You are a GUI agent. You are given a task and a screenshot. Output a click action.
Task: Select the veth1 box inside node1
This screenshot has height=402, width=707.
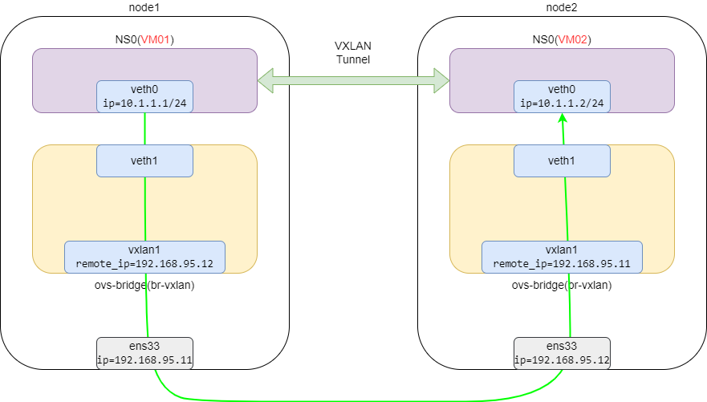click(144, 160)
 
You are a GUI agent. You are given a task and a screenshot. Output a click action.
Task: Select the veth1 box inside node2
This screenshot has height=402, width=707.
click(562, 160)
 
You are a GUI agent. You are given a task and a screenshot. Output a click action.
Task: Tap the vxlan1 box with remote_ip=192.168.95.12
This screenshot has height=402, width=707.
click(144, 257)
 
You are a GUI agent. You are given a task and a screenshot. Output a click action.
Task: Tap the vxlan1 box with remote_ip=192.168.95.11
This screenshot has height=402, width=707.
click(562, 257)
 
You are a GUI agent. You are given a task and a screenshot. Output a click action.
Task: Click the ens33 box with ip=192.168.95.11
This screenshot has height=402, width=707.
click(144, 353)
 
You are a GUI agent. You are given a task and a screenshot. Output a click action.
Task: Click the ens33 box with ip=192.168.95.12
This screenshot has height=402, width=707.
click(562, 353)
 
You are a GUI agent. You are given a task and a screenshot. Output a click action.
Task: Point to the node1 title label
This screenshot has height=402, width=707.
click(144, 6)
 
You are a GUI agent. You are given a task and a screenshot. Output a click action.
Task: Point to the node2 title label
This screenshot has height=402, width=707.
click(562, 6)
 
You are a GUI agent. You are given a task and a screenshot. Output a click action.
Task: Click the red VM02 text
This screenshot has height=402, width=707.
click(575, 39)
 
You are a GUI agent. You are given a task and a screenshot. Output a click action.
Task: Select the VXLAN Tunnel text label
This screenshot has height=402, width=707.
click(353, 53)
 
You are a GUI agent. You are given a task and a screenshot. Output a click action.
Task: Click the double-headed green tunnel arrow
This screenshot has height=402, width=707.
click(353, 79)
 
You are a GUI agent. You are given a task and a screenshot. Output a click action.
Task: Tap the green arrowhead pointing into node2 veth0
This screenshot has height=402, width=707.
click(563, 118)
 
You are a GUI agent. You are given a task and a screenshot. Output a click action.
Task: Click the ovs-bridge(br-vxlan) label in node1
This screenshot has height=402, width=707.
click(144, 285)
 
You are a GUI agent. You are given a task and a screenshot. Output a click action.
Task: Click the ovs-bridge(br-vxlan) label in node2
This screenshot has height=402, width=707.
click(562, 285)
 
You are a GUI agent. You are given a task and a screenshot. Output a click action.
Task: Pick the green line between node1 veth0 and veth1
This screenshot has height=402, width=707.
click(144, 128)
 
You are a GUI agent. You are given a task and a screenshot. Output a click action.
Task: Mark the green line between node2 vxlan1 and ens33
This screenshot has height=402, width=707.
click(569, 305)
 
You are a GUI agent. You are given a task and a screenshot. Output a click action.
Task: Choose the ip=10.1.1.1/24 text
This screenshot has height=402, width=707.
click(144, 104)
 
